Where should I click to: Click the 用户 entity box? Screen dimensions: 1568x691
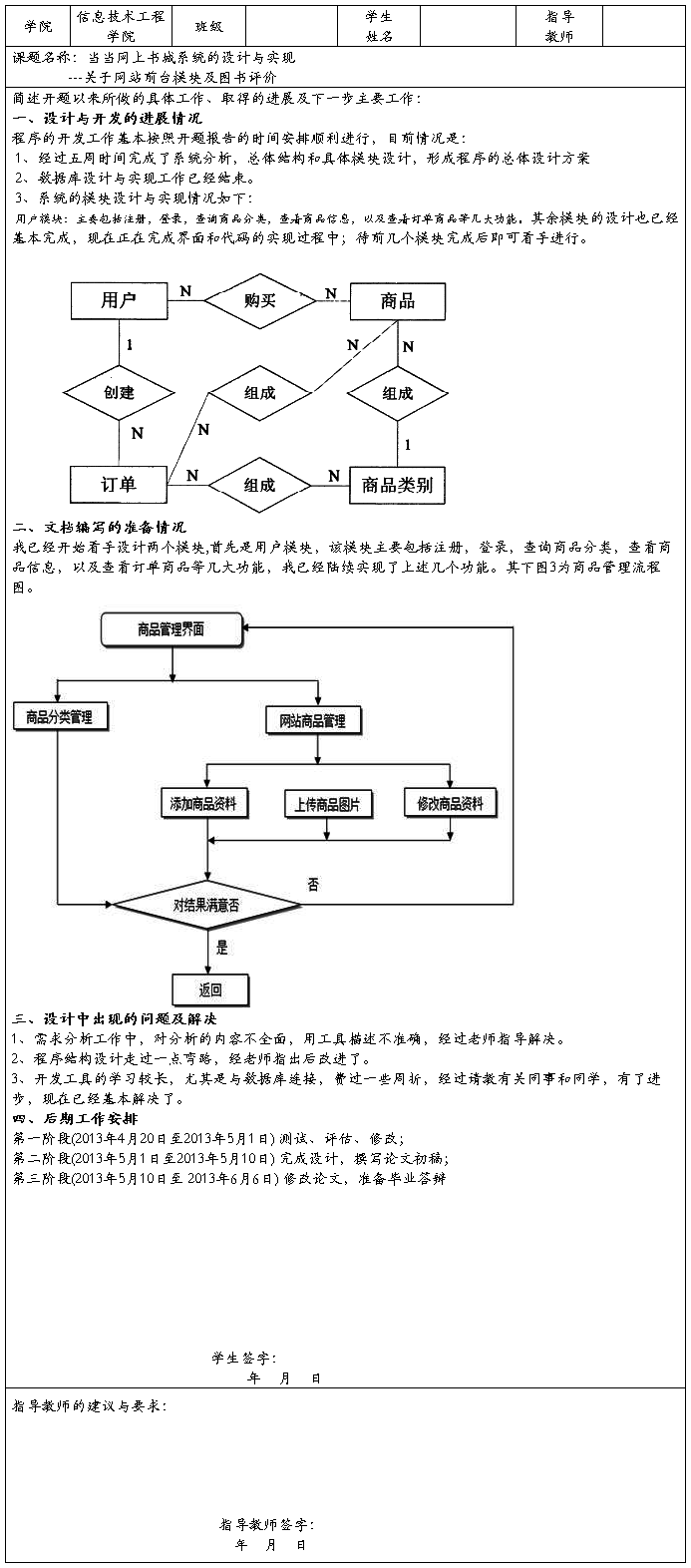119,300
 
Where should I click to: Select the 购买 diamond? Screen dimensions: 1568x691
259,300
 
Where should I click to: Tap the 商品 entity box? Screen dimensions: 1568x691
397,300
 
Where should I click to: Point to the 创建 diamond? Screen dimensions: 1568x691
119,392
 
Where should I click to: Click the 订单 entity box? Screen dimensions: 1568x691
119,485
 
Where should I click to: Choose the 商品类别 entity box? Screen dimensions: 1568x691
397,485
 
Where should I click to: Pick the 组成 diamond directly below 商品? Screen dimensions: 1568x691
397,393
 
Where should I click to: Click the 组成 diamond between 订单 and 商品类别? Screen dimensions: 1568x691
259,485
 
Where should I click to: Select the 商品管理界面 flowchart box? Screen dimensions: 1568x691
171,628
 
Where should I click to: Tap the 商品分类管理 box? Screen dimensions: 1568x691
58,716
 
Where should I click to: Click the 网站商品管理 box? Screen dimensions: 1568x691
319,719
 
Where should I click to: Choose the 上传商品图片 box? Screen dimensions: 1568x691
327,804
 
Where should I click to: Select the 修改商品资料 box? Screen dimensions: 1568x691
450,803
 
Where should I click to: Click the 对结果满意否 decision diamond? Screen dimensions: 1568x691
206,906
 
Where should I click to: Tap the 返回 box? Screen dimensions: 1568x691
209,989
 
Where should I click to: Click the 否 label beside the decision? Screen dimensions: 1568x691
313,884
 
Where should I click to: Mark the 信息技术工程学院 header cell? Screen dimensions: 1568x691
121,26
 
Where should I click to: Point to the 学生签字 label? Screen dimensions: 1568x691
243,1358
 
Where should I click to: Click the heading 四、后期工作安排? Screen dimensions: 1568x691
66,1118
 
